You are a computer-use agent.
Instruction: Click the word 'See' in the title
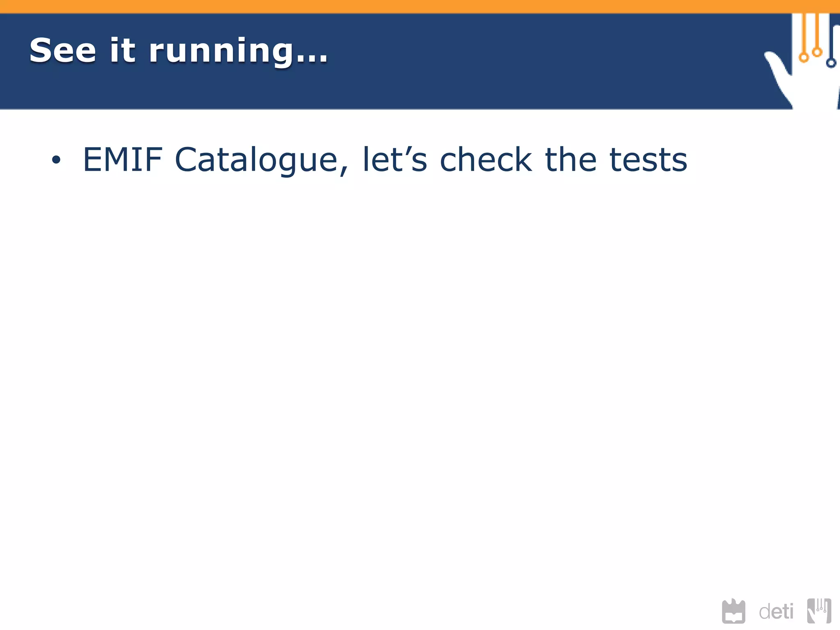coord(63,50)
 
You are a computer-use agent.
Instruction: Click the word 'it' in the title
coord(122,50)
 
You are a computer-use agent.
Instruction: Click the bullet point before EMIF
coord(56,160)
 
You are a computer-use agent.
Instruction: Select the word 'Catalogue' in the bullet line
coord(256,160)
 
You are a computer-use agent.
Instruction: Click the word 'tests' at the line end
coord(648,160)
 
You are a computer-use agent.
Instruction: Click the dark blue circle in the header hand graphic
coord(831,63)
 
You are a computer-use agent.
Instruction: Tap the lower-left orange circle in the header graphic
coord(804,57)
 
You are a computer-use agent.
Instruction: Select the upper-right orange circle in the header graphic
coord(817,52)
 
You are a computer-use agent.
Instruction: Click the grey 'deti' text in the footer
coord(776,612)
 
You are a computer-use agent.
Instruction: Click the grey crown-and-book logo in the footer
coord(733,612)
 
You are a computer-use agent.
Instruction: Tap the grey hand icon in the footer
coord(819,611)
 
